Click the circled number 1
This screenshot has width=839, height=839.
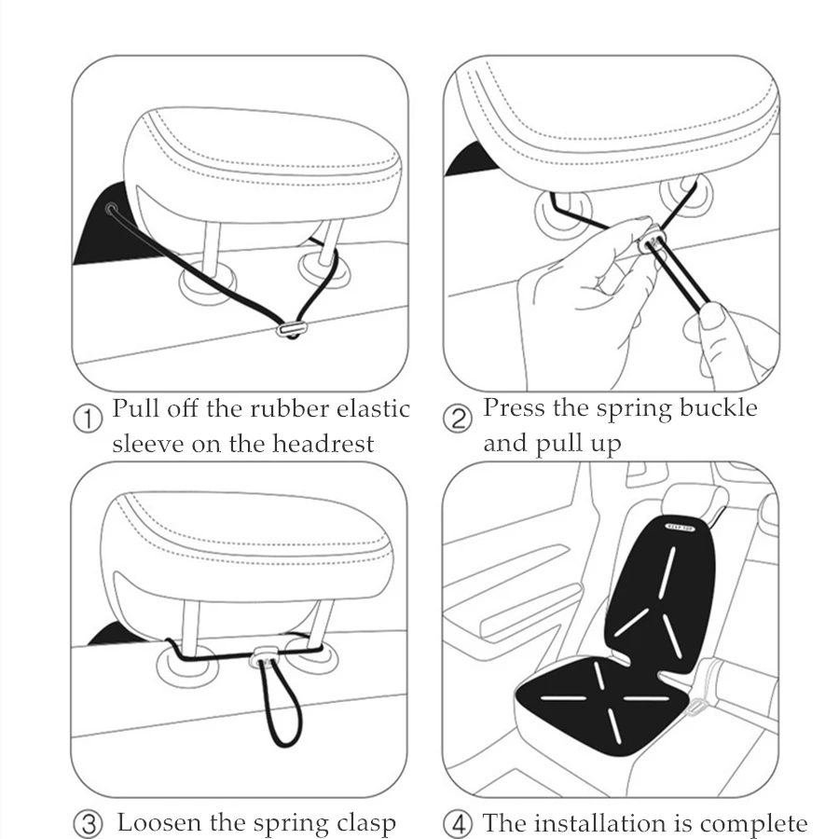tap(88, 419)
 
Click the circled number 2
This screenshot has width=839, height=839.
tap(458, 418)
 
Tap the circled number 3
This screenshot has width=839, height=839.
tap(88, 823)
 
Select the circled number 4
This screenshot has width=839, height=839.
tap(458, 823)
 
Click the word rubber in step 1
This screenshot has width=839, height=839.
tap(289, 409)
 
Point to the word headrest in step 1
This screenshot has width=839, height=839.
tap(323, 444)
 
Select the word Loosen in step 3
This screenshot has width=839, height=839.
tap(159, 822)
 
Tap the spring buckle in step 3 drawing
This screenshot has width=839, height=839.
tap(264, 655)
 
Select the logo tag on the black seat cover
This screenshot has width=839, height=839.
tap(680, 527)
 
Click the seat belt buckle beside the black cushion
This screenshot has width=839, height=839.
tap(695, 708)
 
